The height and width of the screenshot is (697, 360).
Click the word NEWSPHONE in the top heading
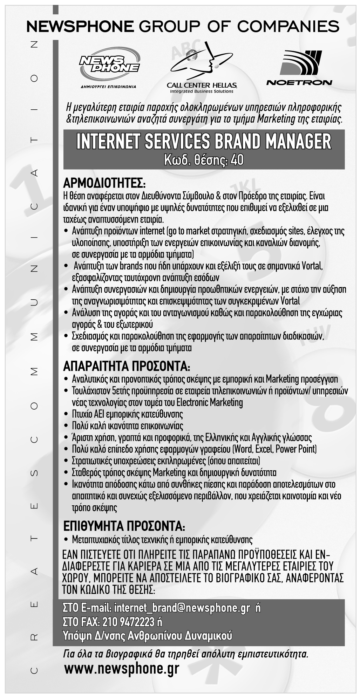80,26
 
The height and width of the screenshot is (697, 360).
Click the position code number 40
237,160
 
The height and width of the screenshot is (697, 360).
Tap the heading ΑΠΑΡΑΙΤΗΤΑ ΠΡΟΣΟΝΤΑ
127,367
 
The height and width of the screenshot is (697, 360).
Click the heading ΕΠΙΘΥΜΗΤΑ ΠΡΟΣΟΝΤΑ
124,526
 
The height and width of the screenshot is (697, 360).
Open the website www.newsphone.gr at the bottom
122,669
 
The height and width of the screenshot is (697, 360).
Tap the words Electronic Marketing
209,402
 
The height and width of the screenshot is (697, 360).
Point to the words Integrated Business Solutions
201,91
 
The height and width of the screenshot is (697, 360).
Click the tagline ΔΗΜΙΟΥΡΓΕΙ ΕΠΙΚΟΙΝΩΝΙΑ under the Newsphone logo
108,86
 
